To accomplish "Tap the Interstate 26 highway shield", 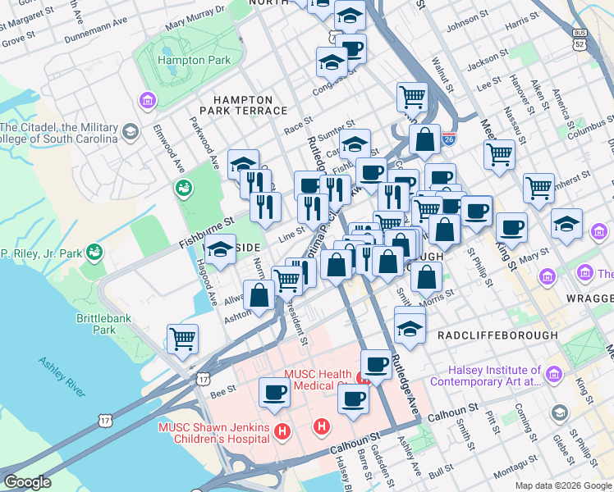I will pos(448,138).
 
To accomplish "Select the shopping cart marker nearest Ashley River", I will pos(182,339).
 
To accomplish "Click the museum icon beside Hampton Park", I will pos(148,101).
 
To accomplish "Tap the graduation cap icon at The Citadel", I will pos(130,132).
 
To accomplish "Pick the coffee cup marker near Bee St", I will pos(274,392).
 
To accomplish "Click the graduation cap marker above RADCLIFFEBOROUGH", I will pos(410,327).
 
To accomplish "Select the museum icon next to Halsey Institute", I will pos(554,375).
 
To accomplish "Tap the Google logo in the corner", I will pos(27,482).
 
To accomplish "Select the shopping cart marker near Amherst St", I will pos(539,188).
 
